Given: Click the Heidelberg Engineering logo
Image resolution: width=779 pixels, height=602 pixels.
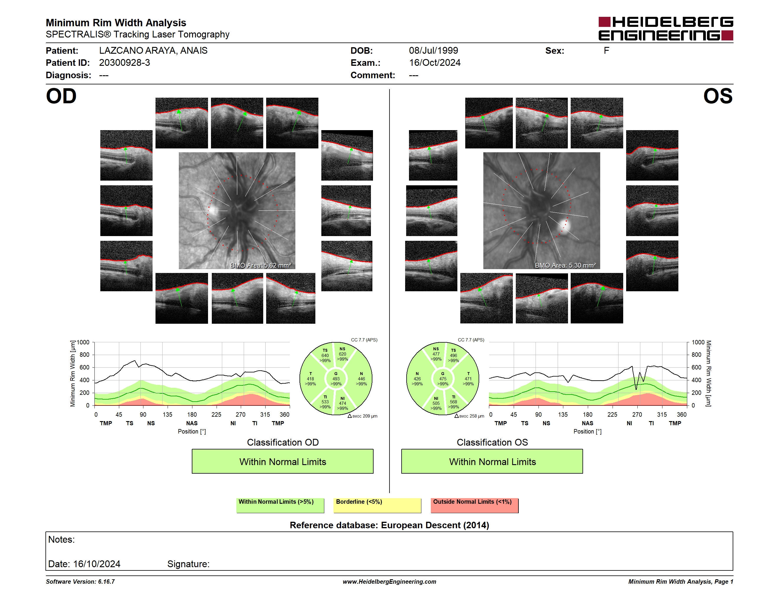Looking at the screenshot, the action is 666,29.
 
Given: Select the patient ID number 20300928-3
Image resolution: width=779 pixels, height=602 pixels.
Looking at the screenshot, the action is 125,63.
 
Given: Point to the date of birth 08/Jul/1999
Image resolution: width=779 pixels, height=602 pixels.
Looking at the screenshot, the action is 433,51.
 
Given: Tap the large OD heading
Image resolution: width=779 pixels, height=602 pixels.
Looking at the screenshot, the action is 61,96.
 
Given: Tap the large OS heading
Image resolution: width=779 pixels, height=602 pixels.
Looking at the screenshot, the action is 718,96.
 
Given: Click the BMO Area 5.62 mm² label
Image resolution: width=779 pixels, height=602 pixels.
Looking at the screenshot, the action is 261,265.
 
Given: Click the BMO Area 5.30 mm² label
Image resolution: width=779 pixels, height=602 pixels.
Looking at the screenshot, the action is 565,265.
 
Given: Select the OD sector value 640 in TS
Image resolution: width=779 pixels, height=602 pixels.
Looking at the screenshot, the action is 325,356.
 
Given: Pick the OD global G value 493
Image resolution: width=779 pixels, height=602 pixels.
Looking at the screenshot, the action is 336,379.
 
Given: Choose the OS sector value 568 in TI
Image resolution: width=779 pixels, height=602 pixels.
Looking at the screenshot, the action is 453,402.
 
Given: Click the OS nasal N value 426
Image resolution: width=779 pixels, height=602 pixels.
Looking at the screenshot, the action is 417,379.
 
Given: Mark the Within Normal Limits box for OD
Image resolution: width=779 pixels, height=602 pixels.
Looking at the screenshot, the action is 282,462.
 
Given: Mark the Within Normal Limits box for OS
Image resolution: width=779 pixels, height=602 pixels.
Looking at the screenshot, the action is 492,462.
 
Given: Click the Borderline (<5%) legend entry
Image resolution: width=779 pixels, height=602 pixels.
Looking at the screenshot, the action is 377,505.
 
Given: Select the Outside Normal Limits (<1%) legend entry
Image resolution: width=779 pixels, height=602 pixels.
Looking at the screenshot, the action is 475,505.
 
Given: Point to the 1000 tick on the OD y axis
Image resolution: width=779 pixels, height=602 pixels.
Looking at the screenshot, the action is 83,342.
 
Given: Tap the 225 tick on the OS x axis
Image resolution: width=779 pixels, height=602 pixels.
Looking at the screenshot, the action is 612,414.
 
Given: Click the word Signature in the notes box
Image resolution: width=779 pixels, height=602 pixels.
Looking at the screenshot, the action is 188,564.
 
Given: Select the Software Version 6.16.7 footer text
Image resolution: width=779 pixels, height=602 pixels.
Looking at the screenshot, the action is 80,582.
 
